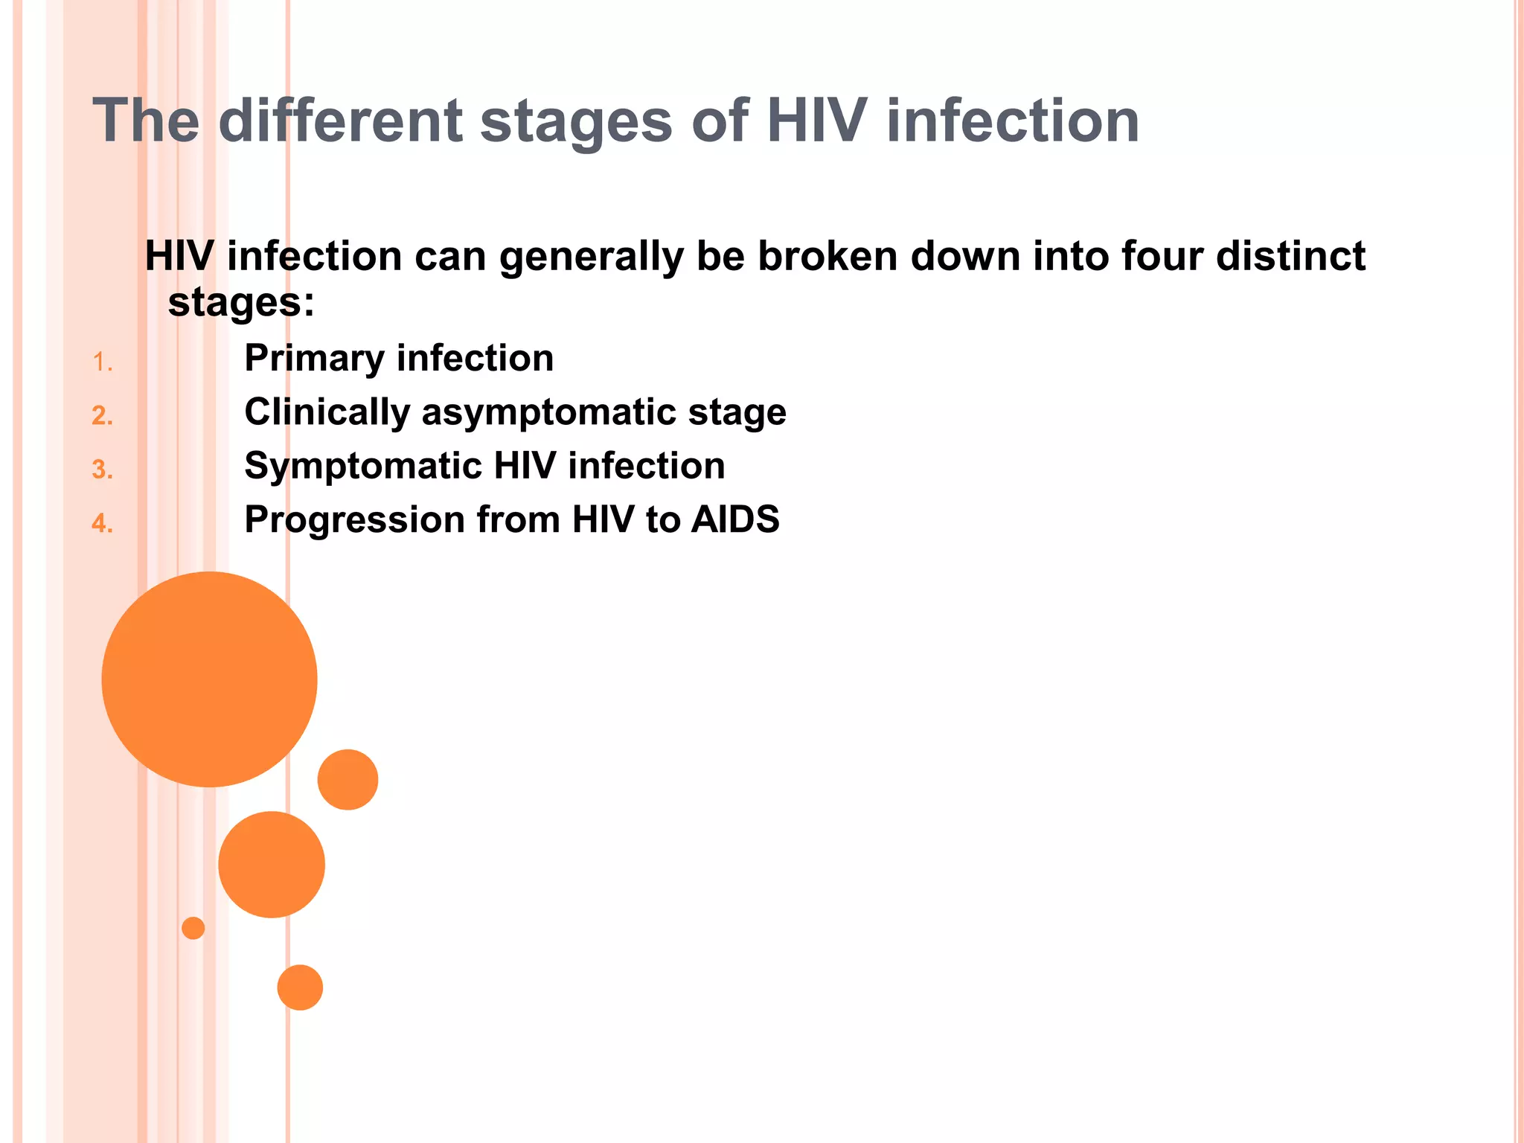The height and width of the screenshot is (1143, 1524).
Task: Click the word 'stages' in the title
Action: tap(577, 123)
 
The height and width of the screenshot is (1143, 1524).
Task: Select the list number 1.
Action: tap(102, 363)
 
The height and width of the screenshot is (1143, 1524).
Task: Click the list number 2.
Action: tap(102, 416)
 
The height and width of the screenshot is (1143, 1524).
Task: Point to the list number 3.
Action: tap(102, 470)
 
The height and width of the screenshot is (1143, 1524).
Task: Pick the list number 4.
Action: tap(102, 524)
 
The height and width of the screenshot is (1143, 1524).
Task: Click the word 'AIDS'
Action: tap(735, 519)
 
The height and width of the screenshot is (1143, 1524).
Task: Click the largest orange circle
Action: tap(209, 679)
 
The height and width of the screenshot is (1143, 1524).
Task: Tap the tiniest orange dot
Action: tap(193, 928)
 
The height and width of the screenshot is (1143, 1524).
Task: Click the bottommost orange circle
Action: tap(300, 987)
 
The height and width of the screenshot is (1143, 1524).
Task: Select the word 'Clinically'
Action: tap(327, 413)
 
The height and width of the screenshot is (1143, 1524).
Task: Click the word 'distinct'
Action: tap(1291, 256)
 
